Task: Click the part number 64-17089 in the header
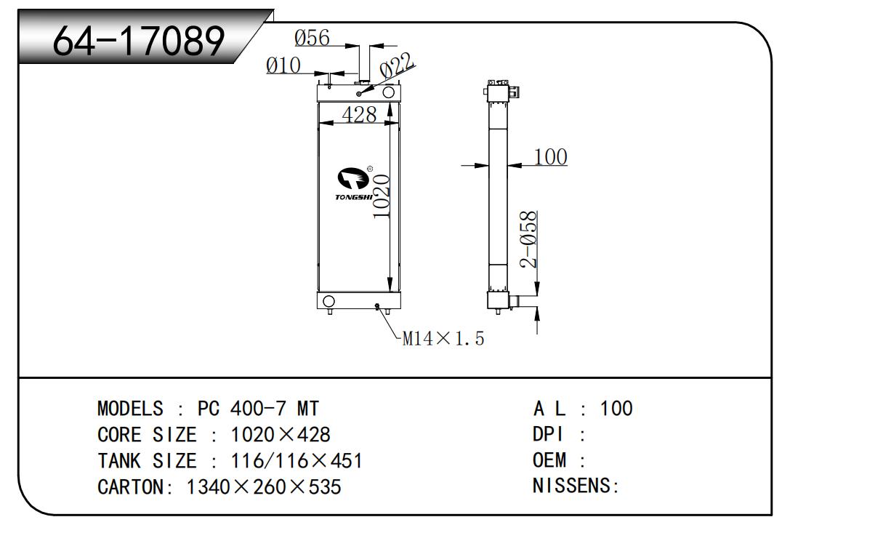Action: (138, 41)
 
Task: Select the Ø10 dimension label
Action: (283, 65)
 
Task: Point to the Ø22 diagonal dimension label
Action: (397, 66)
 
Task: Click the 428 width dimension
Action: (359, 115)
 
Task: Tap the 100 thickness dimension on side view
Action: (550, 156)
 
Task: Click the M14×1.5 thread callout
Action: (443, 338)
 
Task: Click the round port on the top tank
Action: (389, 92)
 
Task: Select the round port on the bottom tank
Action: (328, 301)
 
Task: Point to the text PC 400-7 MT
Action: (258, 408)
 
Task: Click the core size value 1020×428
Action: (280, 435)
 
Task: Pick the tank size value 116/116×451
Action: (297, 461)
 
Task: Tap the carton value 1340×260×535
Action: (264, 486)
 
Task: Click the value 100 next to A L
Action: (616, 409)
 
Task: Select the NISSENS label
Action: (575, 486)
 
